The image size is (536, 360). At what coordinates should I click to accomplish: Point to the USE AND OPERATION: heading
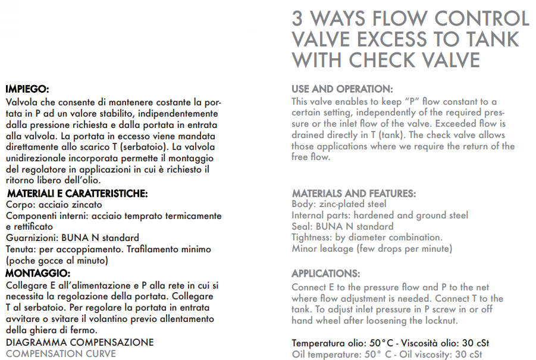pos(342,89)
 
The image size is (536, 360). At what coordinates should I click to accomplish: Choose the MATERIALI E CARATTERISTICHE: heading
pos(77,193)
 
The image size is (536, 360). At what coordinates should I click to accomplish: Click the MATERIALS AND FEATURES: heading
pos(354,193)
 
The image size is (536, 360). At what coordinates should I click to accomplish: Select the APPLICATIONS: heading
pos(325,274)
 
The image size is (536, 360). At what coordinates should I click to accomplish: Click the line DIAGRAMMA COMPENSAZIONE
pos(80,342)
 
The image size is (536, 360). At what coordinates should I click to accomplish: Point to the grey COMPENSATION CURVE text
pos(61,353)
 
